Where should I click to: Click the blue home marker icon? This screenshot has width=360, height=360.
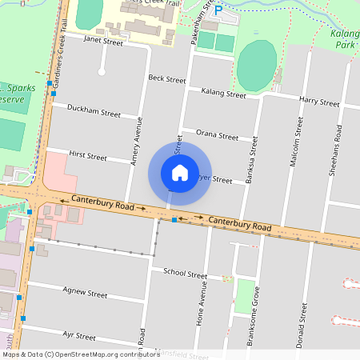[180, 173]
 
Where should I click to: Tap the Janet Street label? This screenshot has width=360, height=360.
[103, 41]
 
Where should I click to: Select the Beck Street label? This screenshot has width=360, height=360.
[167, 78]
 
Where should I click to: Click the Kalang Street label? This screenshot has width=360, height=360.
[223, 94]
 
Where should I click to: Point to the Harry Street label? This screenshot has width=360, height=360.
[319, 102]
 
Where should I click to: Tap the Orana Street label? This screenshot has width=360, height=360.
[217, 135]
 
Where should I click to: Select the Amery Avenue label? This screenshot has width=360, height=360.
[138, 141]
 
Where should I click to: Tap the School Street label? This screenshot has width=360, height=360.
[185, 273]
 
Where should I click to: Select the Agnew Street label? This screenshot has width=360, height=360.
[85, 294]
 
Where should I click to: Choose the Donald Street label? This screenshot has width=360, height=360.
[303, 329]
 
